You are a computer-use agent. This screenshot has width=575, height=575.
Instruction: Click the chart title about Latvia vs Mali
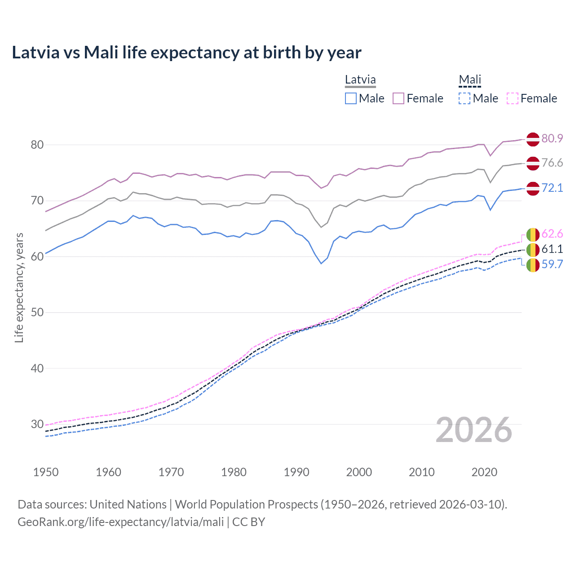[186, 53]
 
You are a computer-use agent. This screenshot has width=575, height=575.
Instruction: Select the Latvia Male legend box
[351, 98]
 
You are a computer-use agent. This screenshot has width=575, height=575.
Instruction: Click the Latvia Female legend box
[398, 98]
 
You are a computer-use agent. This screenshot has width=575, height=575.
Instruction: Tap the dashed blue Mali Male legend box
[464, 98]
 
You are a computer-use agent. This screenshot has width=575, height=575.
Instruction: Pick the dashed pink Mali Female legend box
[513, 98]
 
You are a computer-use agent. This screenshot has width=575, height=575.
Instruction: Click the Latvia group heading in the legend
[360, 80]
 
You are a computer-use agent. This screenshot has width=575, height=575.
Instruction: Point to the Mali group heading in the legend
[470, 80]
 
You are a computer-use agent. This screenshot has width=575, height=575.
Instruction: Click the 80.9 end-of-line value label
[552, 138]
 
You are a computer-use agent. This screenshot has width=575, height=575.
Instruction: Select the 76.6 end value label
[552, 163]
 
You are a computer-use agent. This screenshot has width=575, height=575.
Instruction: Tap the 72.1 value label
[552, 188]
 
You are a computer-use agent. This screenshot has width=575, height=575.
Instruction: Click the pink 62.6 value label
[552, 234]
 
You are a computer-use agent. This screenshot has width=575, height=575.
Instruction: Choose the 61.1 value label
[552, 249]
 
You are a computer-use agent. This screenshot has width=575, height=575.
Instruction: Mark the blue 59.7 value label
[552, 264]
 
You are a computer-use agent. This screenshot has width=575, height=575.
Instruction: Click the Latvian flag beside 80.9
[533, 139]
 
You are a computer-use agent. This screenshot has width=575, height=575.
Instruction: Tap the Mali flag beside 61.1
[533, 250]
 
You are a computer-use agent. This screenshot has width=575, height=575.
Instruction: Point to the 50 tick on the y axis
[37, 312]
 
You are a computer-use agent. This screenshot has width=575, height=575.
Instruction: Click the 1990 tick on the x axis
[296, 472]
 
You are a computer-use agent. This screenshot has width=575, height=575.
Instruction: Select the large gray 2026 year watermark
[474, 430]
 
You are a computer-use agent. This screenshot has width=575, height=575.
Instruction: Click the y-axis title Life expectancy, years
[19, 287]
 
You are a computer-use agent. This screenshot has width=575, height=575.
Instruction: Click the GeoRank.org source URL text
[120, 522]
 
